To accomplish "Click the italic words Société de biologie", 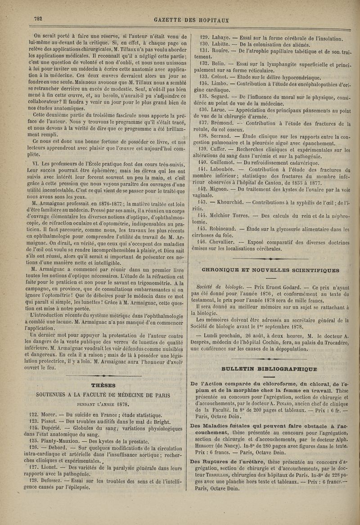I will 220,286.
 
